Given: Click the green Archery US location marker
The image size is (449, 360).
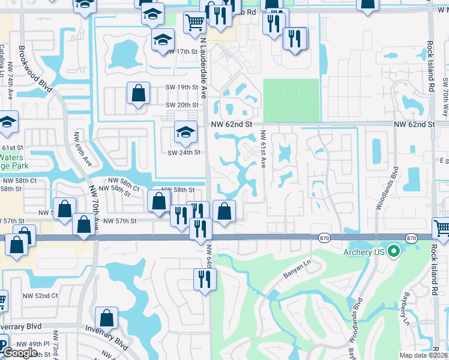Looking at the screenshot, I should coord(394,251).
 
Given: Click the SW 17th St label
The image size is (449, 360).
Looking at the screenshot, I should coord(183,52).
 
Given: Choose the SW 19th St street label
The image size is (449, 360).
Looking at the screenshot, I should coord(182,88).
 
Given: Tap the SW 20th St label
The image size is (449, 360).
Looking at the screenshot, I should coord(182,106).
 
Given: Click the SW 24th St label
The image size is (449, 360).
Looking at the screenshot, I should coord(183,152).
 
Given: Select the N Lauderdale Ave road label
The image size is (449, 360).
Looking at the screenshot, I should coord(203,69).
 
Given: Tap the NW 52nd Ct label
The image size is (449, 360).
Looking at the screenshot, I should coord(38,296).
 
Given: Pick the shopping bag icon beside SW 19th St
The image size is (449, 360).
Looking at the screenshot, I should coord(138,94).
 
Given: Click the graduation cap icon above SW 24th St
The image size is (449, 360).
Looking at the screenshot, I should coord(185,132).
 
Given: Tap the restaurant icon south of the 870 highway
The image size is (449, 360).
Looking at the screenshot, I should coord(204,280).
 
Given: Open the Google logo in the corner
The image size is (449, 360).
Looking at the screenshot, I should coord(20,353).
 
